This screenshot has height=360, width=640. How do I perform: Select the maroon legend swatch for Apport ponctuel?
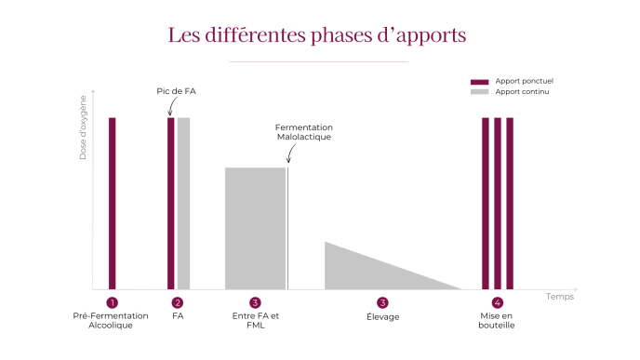pos(479,82)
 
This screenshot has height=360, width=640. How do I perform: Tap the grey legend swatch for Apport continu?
pos(479,92)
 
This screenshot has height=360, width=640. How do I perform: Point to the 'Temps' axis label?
pos(560,297)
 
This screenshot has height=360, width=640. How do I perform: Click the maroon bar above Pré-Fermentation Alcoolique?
pos(112,203)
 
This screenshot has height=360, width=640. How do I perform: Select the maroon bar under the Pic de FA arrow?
pos(170,203)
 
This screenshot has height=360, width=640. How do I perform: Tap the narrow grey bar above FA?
pos(184,203)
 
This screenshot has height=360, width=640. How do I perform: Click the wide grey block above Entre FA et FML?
pos(255,228)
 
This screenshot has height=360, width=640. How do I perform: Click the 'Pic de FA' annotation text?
pos(176,91)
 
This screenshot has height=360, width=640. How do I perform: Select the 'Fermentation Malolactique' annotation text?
pos(304,132)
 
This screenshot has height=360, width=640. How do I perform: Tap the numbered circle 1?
pos(112,302)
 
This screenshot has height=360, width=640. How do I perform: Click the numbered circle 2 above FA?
pos(178,302)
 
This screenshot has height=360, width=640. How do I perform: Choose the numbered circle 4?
pos(498,302)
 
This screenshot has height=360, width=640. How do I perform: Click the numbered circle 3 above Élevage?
pos(382,302)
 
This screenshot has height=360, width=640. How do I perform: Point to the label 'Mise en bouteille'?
pos(498,321)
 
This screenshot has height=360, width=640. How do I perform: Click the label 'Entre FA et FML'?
pos(255,321)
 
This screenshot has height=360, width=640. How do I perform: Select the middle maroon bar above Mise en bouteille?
pos(498,203)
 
